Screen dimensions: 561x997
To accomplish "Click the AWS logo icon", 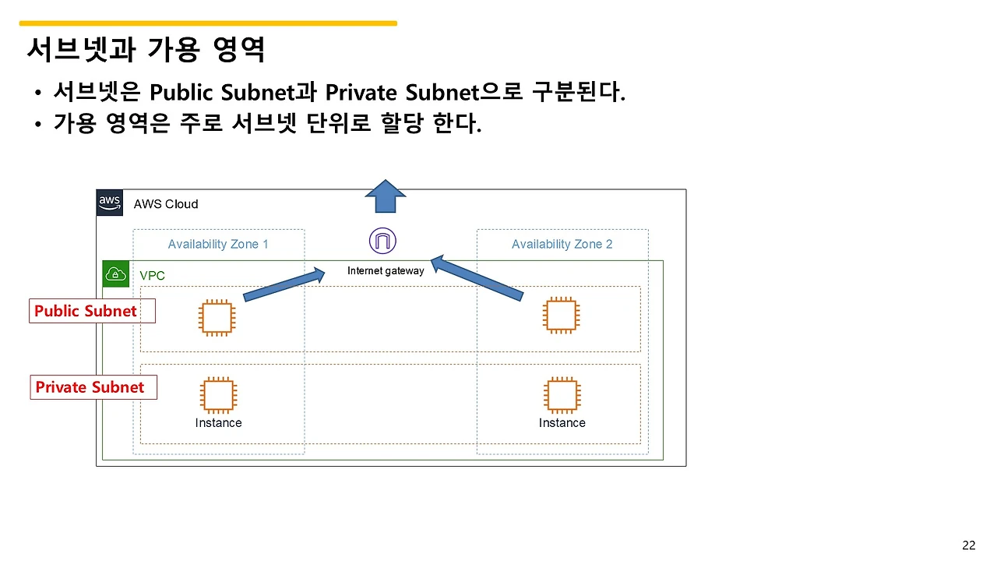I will click(x=110, y=203).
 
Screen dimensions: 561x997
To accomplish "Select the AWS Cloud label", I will click(x=166, y=204).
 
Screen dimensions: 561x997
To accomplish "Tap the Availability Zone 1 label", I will click(x=218, y=244).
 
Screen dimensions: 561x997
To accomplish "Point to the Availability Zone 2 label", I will click(x=562, y=244).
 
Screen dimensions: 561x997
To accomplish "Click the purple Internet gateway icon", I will click(x=382, y=241).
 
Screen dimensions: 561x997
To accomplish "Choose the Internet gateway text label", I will click(x=386, y=271).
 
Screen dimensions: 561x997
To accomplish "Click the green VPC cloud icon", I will click(x=116, y=274).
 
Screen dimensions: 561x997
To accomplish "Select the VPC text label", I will click(x=152, y=276).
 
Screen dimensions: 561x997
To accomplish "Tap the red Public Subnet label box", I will click(x=92, y=311).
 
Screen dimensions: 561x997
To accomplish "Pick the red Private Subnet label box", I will click(x=93, y=387).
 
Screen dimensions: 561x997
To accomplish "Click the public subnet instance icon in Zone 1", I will click(x=217, y=317).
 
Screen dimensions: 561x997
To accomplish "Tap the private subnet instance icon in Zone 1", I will click(x=218, y=395).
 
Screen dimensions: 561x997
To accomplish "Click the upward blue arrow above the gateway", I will click(x=386, y=196).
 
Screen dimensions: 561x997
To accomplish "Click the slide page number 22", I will click(x=969, y=545).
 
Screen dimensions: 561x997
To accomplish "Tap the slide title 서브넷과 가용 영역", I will click(x=146, y=50).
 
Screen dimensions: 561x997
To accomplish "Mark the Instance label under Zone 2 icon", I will click(x=562, y=423).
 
